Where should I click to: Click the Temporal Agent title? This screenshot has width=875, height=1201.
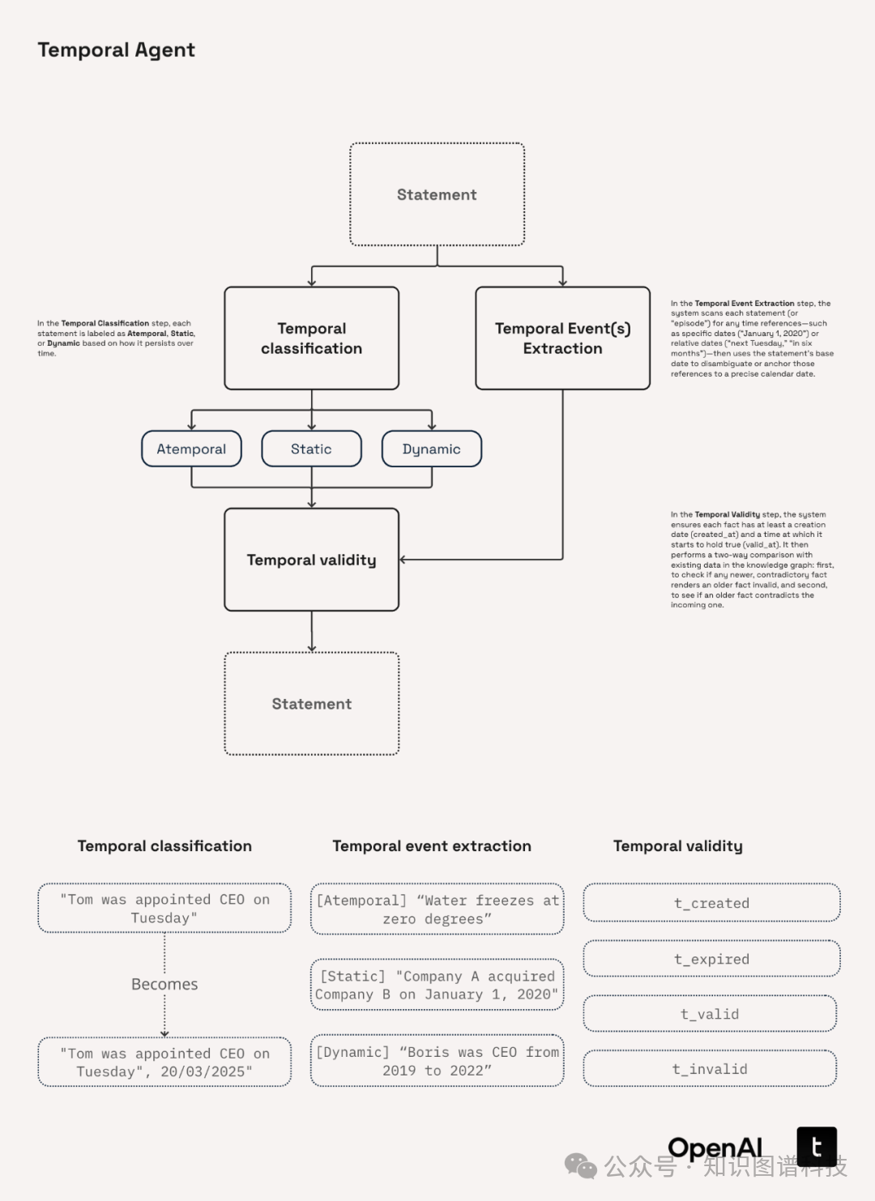(x=116, y=50)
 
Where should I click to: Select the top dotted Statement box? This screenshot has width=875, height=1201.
(x=437, y=194)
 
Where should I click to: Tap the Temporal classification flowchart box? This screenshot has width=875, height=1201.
(x=311, y=339)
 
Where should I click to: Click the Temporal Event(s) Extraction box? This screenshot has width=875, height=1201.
(x=562, y=339)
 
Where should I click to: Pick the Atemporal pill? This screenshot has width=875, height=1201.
(x=191, y=449)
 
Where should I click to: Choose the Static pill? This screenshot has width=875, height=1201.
(x=311, y=449)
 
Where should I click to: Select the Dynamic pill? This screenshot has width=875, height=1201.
(x=431, y=449)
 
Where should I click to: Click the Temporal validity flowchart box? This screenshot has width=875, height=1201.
(x=311, y=560)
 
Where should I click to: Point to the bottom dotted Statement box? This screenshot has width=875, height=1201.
(x=311, y=704)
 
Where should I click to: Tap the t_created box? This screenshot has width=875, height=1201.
(x=711, y=903)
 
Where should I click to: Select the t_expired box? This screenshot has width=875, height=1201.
(x=711, y=959)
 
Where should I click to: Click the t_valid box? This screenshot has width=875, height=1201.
(x=710, y=1014)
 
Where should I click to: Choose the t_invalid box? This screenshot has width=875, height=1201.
(x=710, y=1069)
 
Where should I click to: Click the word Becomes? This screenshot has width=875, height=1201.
(x=164, y=984)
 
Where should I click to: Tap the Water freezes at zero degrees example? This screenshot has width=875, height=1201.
(x=437, y=909)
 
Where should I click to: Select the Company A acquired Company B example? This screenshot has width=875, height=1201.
(x=437, y=985)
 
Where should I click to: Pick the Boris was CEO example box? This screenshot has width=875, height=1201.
(x=437, y=1061)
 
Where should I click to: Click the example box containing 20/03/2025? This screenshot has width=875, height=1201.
(x=164, y=1063)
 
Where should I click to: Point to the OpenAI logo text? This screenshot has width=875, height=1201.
(x=715, y=1148)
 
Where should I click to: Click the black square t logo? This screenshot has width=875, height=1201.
(x=817, y=1147)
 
